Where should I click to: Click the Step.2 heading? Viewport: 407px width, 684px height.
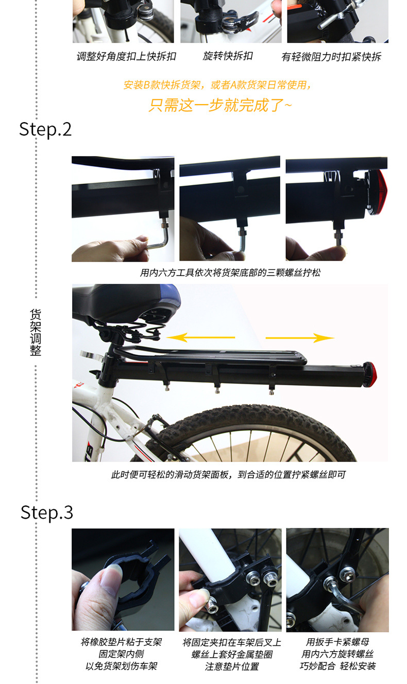(45, 129)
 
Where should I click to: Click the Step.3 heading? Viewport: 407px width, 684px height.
(47, 512)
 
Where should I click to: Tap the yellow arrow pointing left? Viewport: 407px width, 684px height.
(201, 337)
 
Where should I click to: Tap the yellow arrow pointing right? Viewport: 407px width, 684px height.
(300, 338)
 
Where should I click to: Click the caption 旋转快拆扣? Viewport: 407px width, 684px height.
(228, 56)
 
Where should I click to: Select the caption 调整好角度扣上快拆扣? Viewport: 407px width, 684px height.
(126, 56)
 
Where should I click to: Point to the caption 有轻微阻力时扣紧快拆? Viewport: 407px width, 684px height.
(331, 57)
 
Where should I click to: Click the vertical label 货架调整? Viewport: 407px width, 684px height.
(36, 333)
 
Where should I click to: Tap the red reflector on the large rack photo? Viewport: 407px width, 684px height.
(370, 374)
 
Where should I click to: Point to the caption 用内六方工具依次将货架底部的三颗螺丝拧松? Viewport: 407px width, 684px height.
(230, 272)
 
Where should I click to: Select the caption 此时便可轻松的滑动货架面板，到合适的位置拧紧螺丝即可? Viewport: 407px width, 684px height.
(228, 474)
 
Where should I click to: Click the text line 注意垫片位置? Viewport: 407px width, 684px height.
(232, 666)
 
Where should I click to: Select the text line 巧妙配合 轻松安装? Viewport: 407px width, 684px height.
(337, 666)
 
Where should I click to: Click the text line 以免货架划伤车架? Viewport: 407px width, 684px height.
(122, 666)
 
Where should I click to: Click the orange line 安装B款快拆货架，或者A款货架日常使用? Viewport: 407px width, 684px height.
(218, 85)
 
